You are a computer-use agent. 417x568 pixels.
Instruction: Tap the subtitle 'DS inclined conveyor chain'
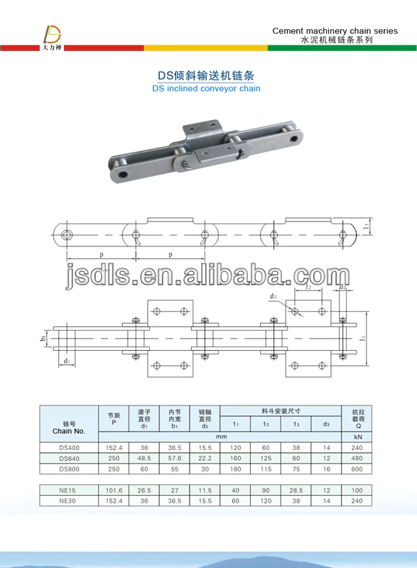[207, 89]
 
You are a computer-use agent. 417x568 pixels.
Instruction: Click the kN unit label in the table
[357, 437]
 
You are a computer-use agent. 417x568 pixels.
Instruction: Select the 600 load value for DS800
[357, 469]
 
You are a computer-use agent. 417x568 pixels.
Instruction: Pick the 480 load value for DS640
[357, 458]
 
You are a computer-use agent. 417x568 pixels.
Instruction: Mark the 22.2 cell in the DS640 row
[205, 458]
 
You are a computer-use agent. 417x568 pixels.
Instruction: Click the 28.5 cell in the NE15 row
[296, 489]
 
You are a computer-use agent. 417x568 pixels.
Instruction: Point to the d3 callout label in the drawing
[273, 296]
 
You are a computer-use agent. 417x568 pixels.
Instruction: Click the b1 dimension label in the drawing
[43, 339]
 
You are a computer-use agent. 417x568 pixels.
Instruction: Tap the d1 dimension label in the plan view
[66, 361]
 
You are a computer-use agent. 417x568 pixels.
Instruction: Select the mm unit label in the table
[222, 437]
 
